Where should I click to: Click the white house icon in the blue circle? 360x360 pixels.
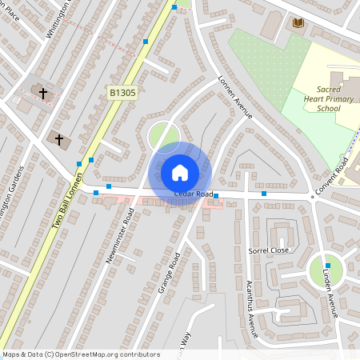[x=180, y=171]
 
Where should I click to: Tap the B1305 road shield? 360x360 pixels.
[x=122, y=94]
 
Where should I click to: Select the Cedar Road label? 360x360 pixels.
[x=193, y=194]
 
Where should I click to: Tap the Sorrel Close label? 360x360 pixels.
[x=268, y=250]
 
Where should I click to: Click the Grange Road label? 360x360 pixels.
[x=170, y=272]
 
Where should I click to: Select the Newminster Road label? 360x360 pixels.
[x=119, y=236]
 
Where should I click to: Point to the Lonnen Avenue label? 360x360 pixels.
[x=235, y=97]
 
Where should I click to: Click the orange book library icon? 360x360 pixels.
[x=298, y=24]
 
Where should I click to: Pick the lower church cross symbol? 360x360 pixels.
[x=58, y=140]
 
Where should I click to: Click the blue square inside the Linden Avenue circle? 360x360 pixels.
[x=327, y=266]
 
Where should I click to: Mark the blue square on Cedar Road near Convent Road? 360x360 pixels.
[x=263, y=194]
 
